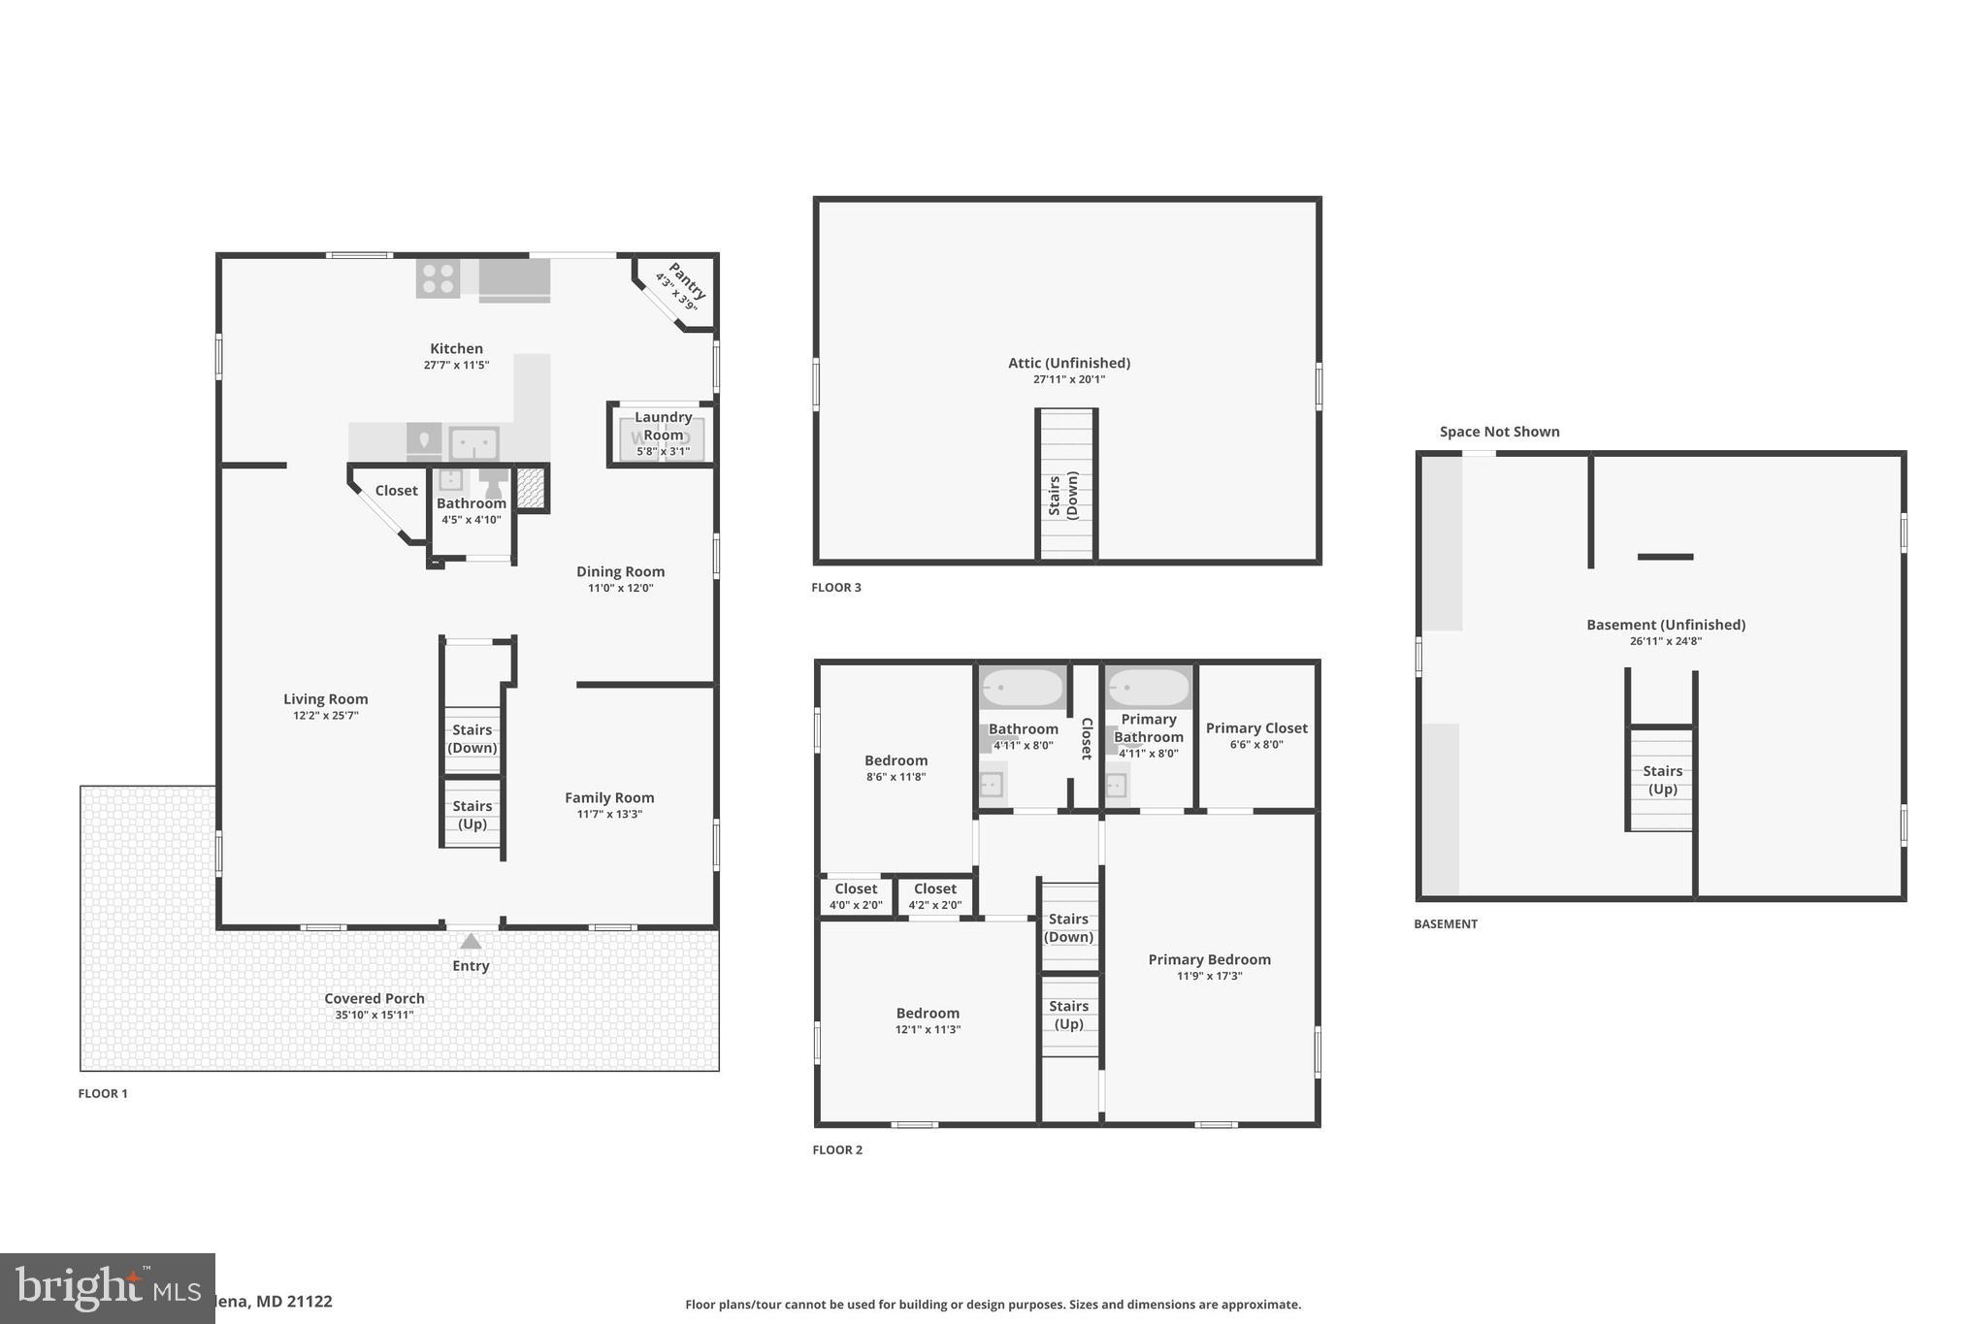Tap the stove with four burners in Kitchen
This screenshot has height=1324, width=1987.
point(438,278)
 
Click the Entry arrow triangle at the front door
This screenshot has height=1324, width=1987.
point(471,942)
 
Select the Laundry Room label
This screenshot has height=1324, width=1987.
point(664,426)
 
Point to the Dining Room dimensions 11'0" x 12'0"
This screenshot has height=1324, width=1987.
point(620,588)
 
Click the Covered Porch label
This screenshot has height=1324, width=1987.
point(375,998)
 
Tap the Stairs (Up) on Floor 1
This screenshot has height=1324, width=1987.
point(472,815)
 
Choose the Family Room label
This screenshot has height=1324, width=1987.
point(609,797)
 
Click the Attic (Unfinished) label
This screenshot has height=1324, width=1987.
point(1068,363)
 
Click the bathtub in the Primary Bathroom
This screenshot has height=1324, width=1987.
point(1149,688)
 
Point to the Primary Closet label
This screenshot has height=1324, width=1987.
point(1256,727)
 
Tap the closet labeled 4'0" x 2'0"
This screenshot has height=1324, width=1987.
point(856,896)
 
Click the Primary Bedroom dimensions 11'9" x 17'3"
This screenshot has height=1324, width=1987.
point(1209,976)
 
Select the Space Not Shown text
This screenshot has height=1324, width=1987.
point(1499,432)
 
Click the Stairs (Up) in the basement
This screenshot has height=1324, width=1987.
point(1662,780)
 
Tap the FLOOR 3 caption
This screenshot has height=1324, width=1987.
point(836,587)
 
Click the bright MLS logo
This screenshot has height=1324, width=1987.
point(107,1288)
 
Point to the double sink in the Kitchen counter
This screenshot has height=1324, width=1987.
point(473,443)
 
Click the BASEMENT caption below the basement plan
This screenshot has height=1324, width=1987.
point(1445,923)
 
